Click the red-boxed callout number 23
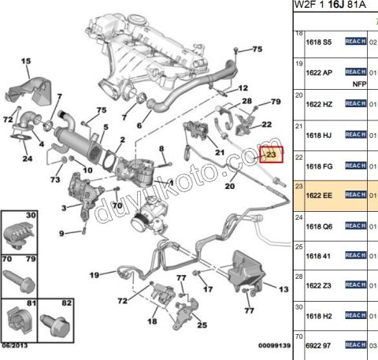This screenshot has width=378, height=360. (270, 155)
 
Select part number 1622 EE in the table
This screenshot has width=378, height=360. (321, 195)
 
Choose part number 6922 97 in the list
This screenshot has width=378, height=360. (321, 344)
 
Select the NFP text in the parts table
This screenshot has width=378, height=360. (358, 82)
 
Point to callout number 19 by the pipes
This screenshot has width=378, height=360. (93, 274)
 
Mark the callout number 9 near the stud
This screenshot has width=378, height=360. (61, 232)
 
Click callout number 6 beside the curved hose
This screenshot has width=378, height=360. (139, 125)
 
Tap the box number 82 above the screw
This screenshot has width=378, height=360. (66, 302)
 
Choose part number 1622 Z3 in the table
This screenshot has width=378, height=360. (321, 284)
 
